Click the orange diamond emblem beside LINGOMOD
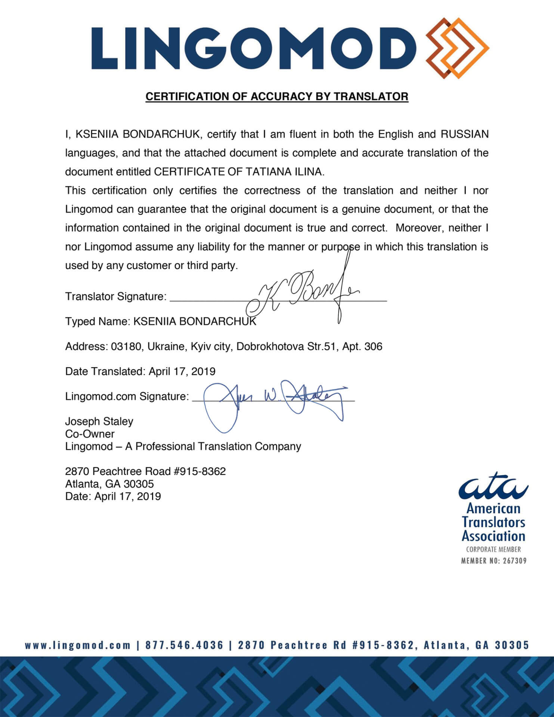(x=458, y=48)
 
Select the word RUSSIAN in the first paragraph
(x=464, y=134)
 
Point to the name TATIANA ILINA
(x=284, y=172)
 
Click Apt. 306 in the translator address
(x=362, y=347)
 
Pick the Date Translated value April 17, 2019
(x=182, y=371)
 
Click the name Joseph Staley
(x=99, y=421)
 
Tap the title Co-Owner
(x=90, y=434)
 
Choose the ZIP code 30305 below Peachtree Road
(x=139, y=484)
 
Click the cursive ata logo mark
(x=493, y=487)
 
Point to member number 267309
(x=514, y=561)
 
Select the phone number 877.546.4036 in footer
(x=184, y=645)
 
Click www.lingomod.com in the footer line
(x=78, y=645)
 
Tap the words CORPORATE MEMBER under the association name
(x=493, y=549)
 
